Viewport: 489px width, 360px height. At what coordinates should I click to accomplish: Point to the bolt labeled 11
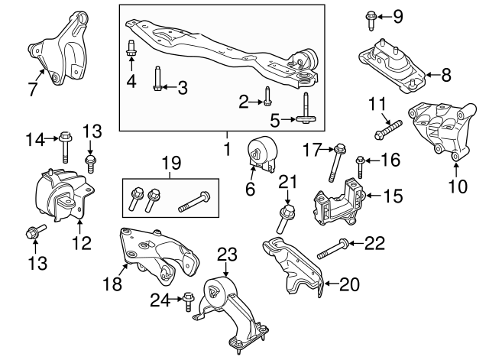click(388, 131)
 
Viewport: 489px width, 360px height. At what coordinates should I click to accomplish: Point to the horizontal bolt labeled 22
click(332, 248)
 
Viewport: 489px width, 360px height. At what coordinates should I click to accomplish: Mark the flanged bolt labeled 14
click(63, 146)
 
